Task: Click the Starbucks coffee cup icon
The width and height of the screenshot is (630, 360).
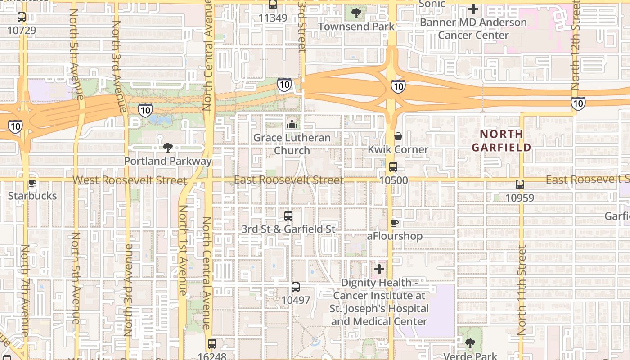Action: tap(32, 183)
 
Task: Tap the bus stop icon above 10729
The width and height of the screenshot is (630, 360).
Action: tap(21, 17)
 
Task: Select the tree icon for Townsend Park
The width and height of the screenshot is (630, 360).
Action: tap(356, 13)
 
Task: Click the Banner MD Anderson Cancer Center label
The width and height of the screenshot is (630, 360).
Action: tap(473, 28)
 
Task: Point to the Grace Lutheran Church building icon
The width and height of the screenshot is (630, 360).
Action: tap(292, 124)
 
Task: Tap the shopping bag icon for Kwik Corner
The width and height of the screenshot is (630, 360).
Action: tap(398, 136)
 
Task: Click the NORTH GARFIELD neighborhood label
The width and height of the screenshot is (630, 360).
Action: tap(501, 140)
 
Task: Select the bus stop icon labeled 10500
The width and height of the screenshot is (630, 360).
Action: tap(393, 167)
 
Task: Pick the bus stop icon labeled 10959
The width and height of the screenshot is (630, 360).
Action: tap(519, 184)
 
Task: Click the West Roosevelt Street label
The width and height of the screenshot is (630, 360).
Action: tap(130, 180)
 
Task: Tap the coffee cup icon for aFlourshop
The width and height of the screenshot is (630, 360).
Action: tap(394, 222)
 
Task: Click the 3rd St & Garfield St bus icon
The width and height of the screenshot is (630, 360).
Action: tap(288, 216)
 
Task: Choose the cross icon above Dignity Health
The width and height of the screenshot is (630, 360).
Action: tap(379, 269)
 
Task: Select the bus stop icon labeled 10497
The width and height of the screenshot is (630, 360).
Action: tap(295, 287)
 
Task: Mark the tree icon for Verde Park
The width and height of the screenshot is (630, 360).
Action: tap(470, 343)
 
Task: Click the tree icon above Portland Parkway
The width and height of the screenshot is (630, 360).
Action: tap(167, 147)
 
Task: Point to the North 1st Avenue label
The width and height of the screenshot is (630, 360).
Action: tap(183, 250)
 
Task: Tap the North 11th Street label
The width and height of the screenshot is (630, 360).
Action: tap(522, 290)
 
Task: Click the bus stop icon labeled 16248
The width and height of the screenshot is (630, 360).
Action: tap(211, 344)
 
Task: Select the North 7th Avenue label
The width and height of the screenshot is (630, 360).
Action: tap(25, 290)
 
